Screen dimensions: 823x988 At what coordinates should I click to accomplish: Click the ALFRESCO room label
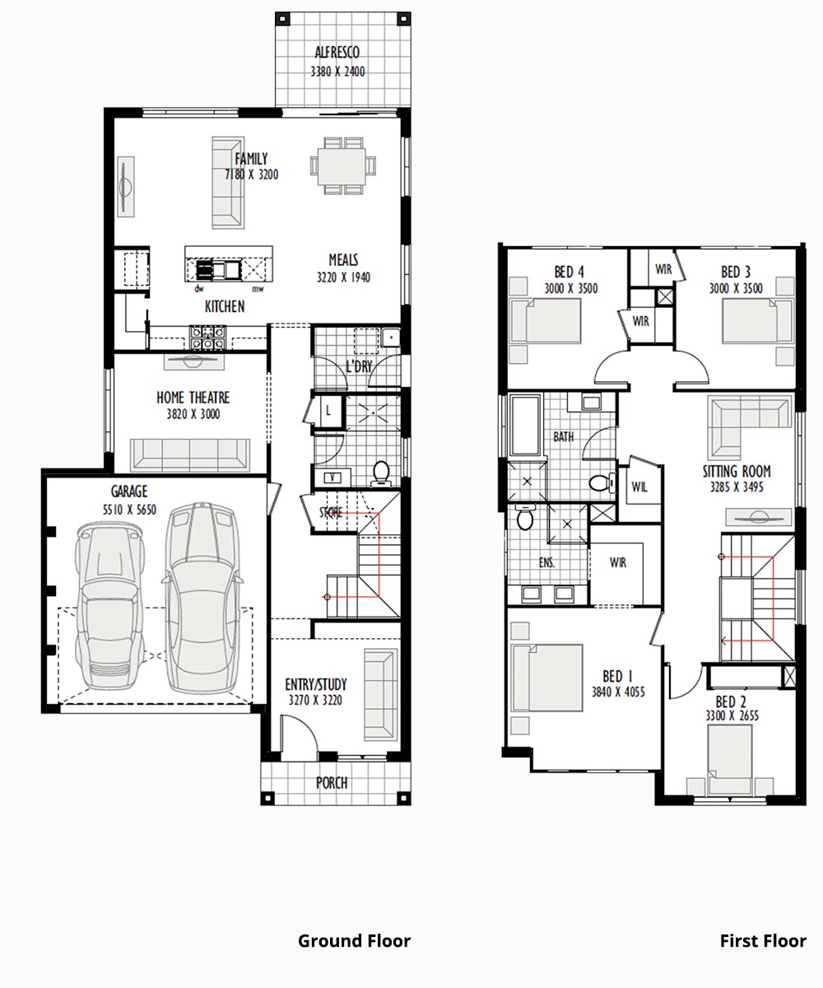[337, 52]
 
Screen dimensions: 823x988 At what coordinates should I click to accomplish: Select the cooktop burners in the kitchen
[207, 337]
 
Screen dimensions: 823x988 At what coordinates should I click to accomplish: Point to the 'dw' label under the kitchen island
[199, 289]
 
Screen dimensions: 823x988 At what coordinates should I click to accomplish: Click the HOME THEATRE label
[193, 397]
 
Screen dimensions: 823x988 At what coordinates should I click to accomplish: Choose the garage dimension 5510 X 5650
[129, 510]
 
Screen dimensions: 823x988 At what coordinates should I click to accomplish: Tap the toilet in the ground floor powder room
[381, 473]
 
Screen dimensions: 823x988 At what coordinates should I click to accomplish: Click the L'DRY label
[359, 366]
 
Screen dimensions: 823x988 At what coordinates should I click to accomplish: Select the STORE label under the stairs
[331, 512]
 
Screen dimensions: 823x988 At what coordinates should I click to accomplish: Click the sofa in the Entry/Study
[380, 694]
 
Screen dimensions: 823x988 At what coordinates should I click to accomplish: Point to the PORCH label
[332, 783]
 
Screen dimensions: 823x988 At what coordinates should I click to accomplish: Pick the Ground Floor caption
[354, 941]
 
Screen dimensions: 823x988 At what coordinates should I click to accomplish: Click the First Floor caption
[763, 941]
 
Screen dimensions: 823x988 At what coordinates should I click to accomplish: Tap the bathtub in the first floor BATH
[524, 426]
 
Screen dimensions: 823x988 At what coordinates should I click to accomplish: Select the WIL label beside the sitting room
[639, 487]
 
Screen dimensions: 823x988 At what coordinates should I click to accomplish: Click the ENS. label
[546, 562]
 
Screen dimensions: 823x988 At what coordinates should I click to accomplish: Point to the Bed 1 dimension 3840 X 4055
[618, 692]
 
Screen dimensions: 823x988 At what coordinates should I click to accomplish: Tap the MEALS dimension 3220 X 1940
[343, 277]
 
